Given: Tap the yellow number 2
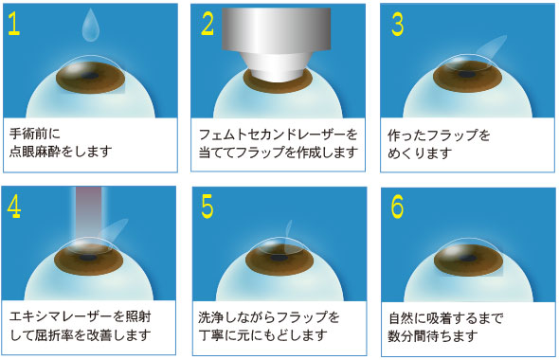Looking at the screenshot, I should point(207,25).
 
